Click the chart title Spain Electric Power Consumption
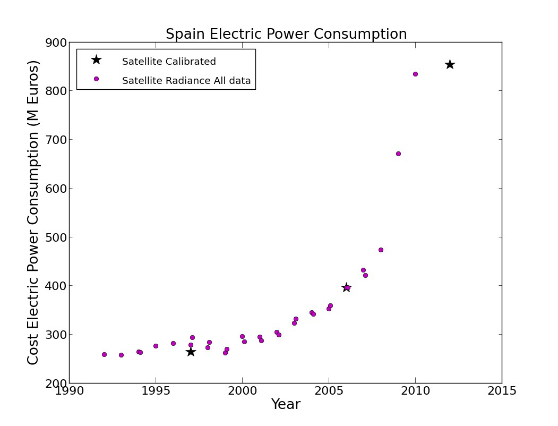[286, 35]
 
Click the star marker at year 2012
[450, 64]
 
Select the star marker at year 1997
[191, 352]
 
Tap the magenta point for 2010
[415, 74]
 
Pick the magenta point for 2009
[398, 154]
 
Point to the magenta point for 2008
[381, 250]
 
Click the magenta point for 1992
[104, 354]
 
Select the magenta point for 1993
[121, 355]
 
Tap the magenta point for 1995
[156, 346]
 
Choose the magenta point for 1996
[173, 343]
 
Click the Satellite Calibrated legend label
[169, 62]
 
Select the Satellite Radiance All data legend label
[186, 81]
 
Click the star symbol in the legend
[96, 59]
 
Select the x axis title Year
[286, 405]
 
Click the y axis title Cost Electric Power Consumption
[33, 212]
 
